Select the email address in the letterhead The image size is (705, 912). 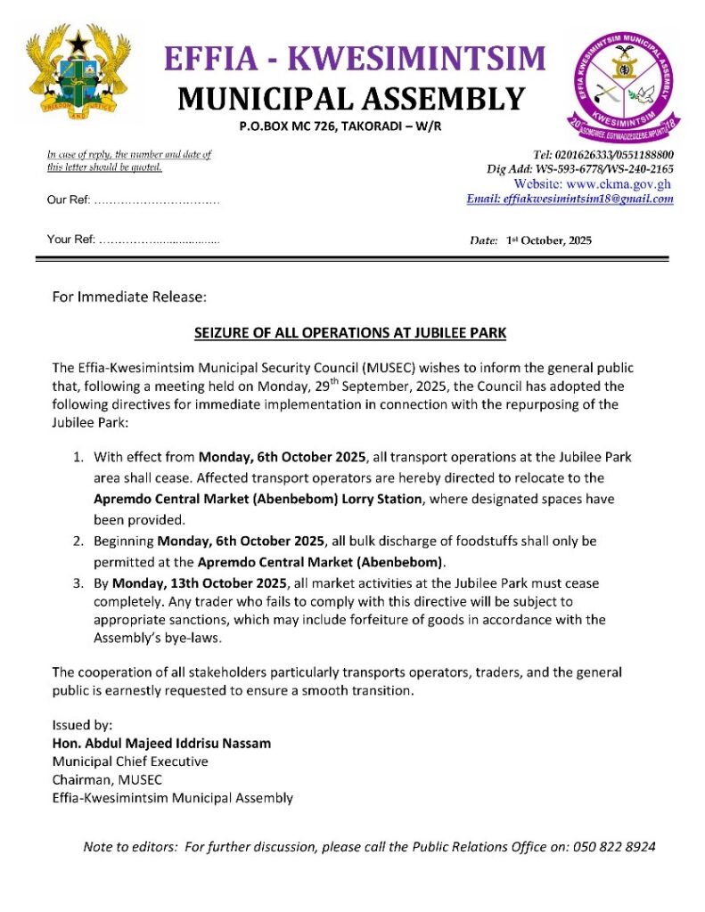(x=570, y=199)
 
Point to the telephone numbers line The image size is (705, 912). (x=603, y=155)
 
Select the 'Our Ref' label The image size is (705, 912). (x=68, y=200)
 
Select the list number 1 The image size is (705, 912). (x=78, y=458)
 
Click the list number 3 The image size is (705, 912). (x=78, y=583)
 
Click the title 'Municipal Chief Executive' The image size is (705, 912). (x=130, y=761)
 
